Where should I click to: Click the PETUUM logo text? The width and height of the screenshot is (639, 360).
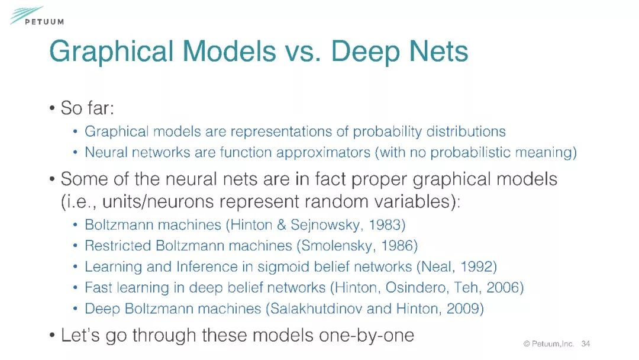click(44, 21)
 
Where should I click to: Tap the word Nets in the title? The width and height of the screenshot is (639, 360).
click(438, 52)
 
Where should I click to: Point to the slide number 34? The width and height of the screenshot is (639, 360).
click(586, 343)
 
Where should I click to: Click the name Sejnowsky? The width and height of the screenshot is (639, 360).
click(325, 225)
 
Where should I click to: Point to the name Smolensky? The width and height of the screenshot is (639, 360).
click(337, 246)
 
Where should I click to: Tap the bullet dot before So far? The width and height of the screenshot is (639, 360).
click(52, 108)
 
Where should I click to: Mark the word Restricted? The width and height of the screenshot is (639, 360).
click(118, 246)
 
